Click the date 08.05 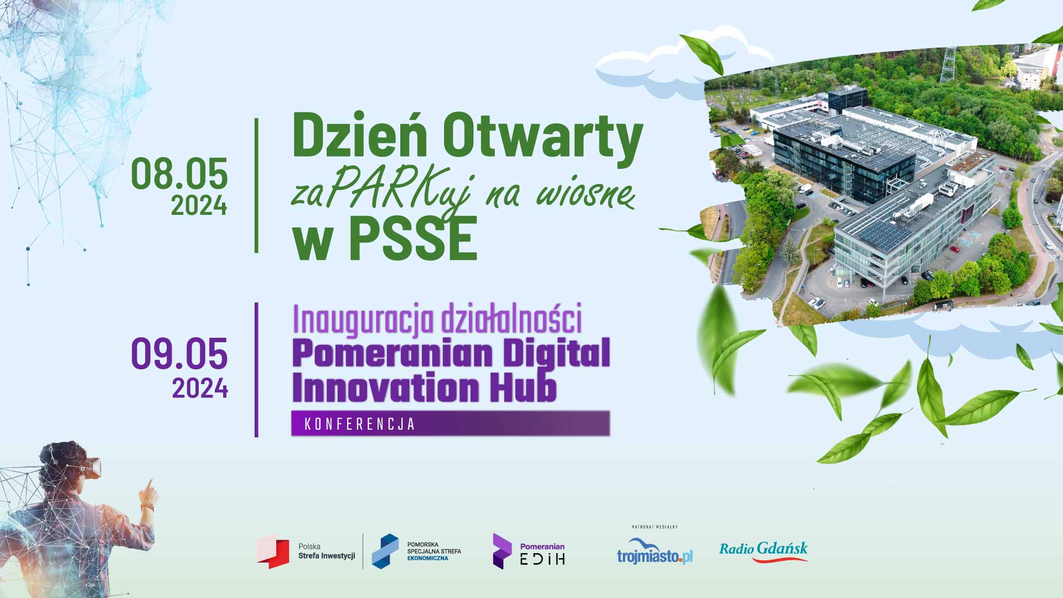pos(179,173)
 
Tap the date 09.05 pos(179,354)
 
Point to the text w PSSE pos(385,238)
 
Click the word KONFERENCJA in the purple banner pos(360,424)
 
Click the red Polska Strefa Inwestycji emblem pos(273,551)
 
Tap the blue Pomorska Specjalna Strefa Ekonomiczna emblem pos(385,551)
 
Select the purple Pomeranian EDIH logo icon pos(502,551)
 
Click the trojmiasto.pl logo pos(655,550)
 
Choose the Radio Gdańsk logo pos(763,551)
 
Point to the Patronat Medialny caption pos(655,527)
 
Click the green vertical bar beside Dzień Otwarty pos(256,185)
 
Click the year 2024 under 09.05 pos(200,388)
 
